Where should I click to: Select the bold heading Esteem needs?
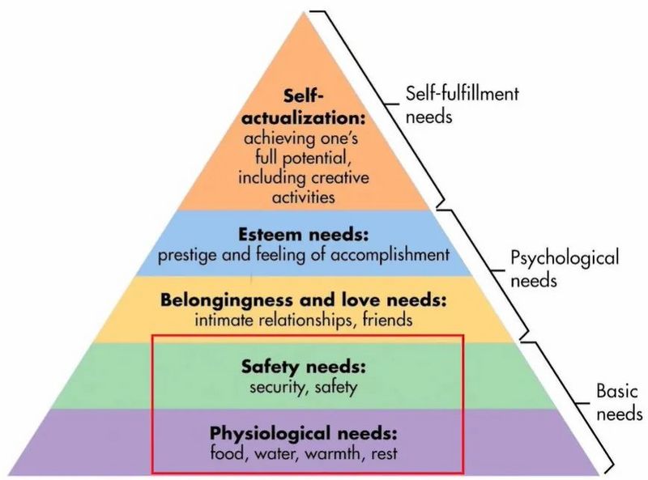[304, 235]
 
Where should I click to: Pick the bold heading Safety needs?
[304, 367]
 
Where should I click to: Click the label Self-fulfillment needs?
[462, 104]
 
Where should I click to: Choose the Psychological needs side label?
[565, 269]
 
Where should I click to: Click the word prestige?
[189, 255]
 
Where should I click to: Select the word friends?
[387, 320]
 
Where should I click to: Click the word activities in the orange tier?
[304, 197]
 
